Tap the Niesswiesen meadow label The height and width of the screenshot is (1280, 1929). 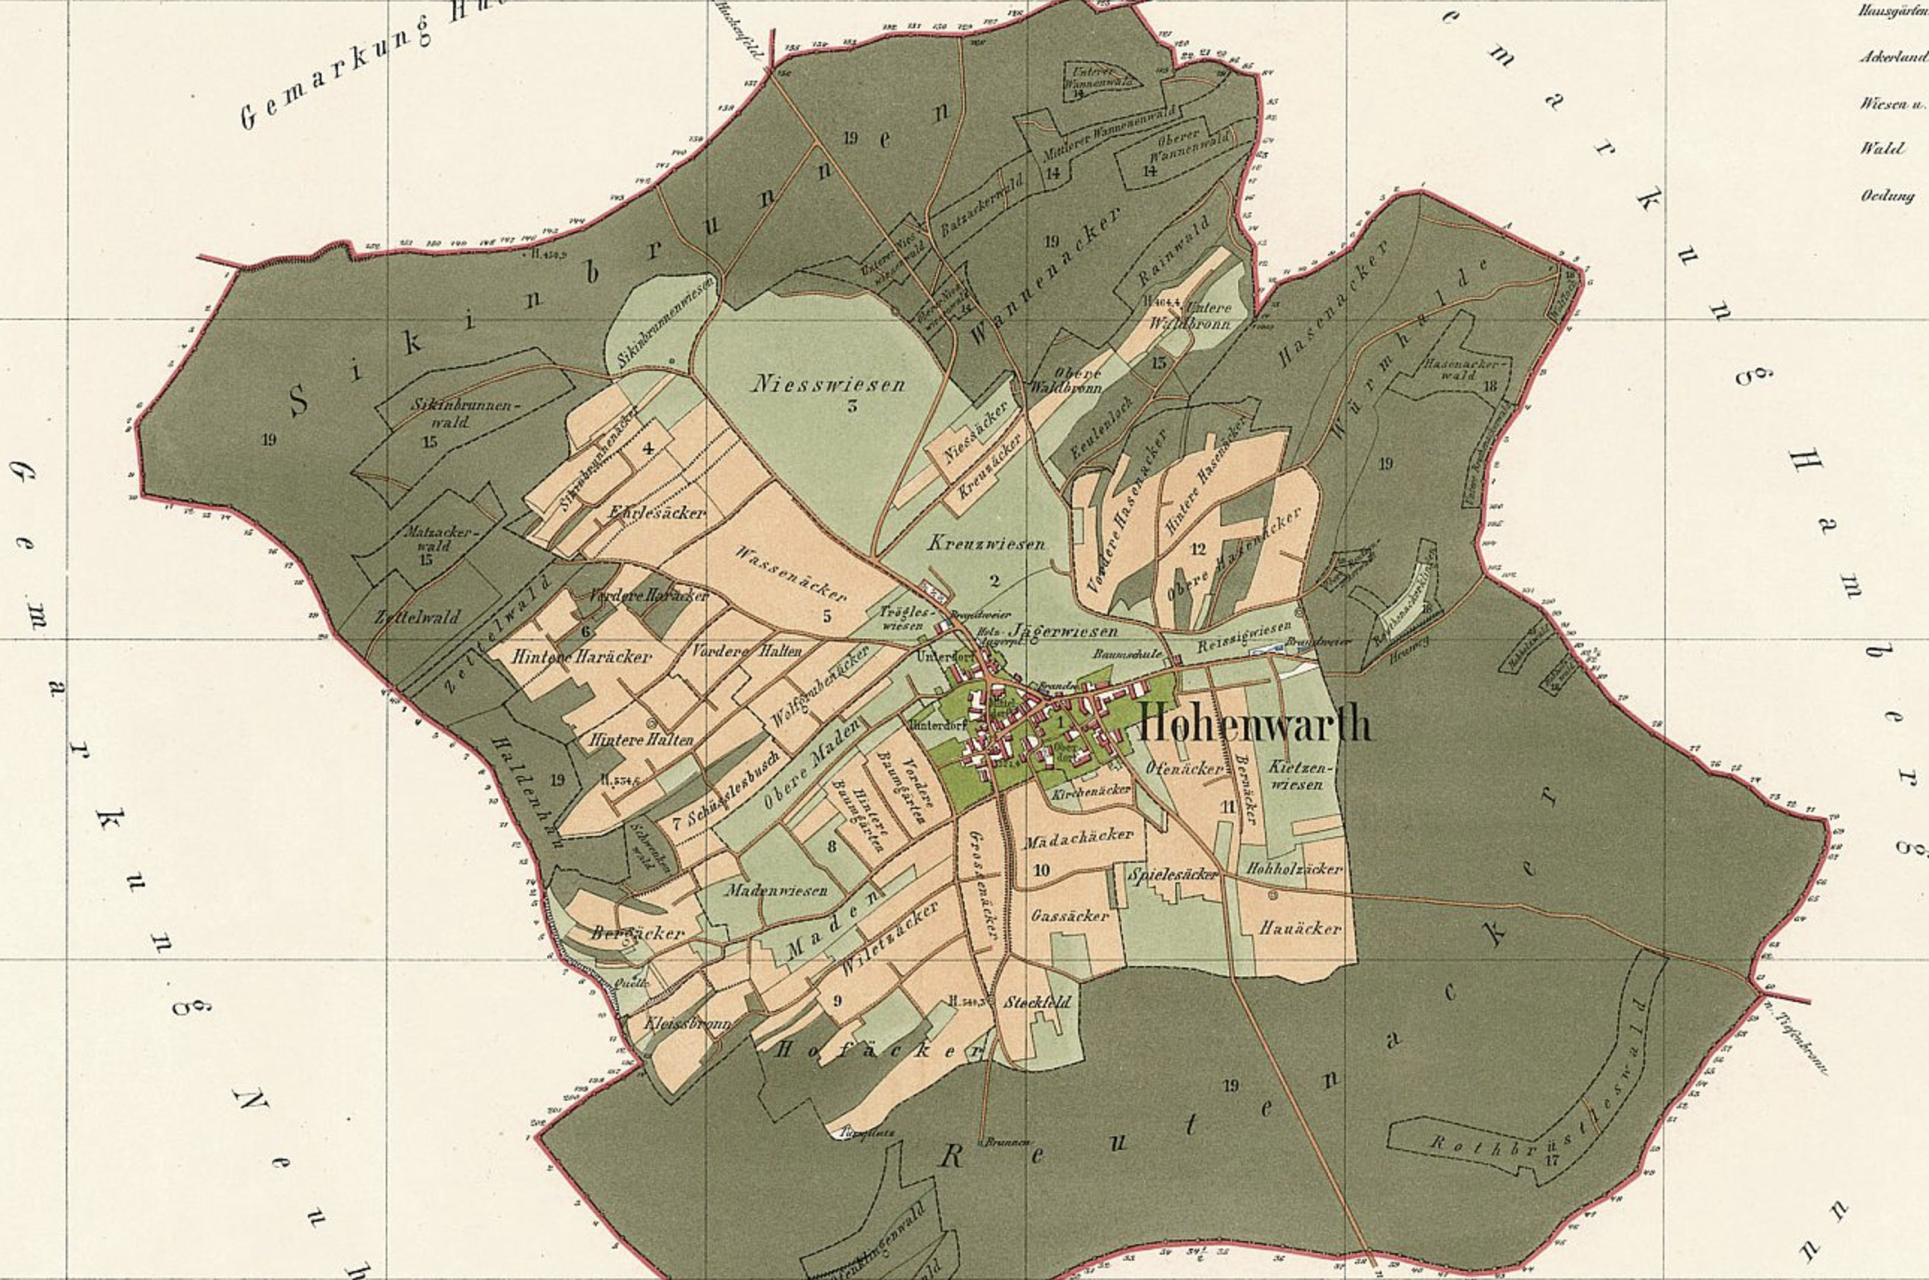pos(829,383)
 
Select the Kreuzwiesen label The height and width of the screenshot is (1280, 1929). pos(986,543)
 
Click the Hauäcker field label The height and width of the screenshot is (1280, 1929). pos(1300,928)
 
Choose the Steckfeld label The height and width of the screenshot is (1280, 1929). pos(1037,1003)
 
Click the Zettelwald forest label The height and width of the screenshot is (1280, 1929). pos(416,617)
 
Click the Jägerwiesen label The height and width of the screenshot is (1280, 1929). pos(1064,631)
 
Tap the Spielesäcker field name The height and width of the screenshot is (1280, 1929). pos(1174,874)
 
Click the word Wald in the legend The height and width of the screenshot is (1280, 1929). pos(1883,149)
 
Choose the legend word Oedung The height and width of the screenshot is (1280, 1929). pos(1887,196)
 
